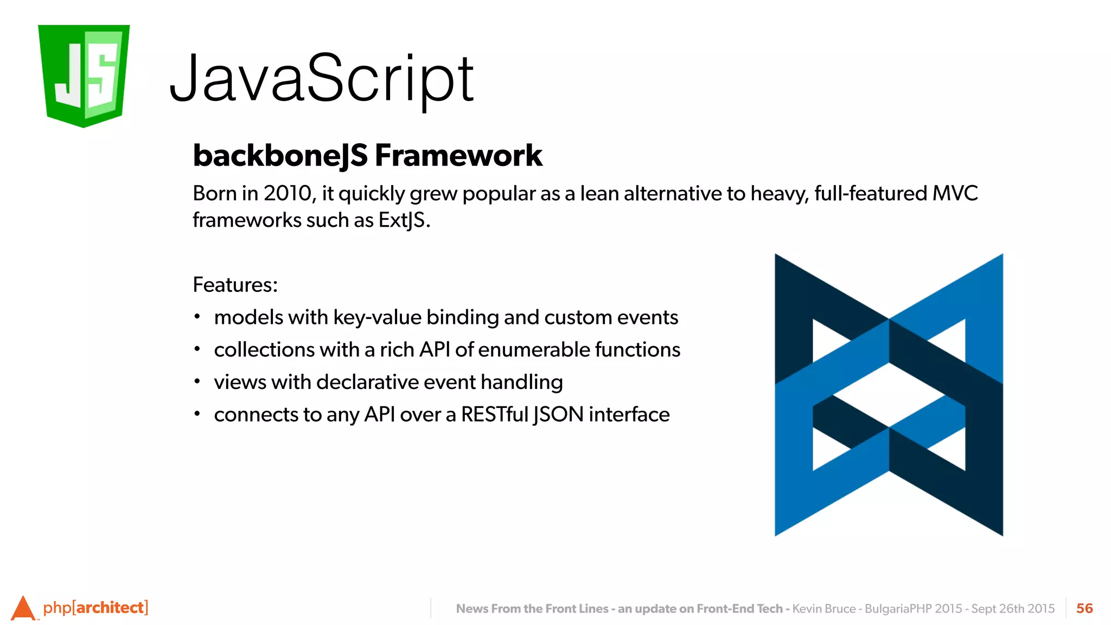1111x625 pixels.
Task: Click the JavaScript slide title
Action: [321, 79]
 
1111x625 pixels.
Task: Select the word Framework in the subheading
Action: [458, 156]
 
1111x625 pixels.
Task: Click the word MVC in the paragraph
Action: [955, 194]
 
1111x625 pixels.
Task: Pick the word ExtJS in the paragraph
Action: [401, 220]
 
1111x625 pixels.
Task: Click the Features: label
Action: [235, 285]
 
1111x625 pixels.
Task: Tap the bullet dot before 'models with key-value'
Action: [197, 316]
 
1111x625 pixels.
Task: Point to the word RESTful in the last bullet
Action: [494, 414]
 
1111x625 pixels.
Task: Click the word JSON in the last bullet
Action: [558, 414]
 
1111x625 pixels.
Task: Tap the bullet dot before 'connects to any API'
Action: [197, 414]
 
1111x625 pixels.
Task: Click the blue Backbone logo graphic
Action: [888, 395]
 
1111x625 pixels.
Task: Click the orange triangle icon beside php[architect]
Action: [23, 608]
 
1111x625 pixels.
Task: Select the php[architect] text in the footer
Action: [95, 608]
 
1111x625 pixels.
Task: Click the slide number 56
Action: [1084, 608]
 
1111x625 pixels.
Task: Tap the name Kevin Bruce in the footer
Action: [823, 609]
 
